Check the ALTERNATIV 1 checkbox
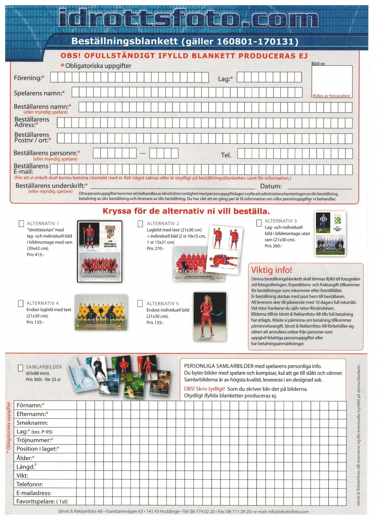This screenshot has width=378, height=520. [22, 223]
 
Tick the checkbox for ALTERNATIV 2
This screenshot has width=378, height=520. [140, 224]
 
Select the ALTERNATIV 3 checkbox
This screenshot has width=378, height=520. [259, 223]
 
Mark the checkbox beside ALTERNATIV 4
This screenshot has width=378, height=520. [21, 303]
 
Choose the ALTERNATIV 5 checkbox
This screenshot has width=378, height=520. [140, 303]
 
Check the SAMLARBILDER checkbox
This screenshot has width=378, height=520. [21, 368]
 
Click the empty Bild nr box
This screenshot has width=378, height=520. [332, 79]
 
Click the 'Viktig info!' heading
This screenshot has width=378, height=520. [272, 270]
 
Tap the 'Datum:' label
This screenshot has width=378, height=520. [271, 186]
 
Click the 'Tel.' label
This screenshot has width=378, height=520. [226, 155]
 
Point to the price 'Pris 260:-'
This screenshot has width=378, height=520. [273, 246]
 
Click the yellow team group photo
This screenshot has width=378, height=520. [101, 312]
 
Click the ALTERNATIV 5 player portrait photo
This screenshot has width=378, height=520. [210, 315]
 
